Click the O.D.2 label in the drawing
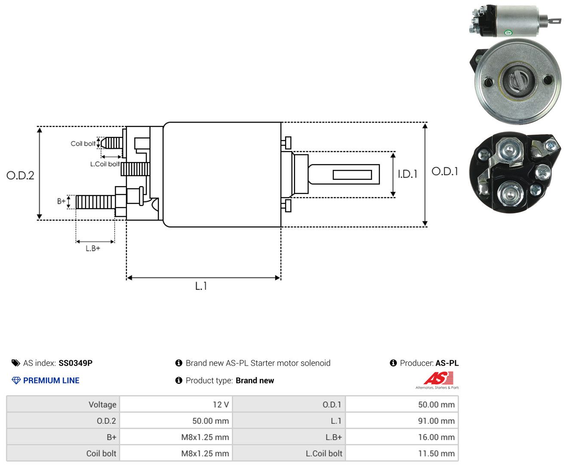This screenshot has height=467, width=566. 20,175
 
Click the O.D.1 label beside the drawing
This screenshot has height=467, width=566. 445,171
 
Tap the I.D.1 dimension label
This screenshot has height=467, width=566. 407,174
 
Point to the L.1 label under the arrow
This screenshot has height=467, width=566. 201,286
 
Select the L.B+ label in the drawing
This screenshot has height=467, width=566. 93,248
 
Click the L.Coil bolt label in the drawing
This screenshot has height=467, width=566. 105,164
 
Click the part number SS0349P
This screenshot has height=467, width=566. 75,363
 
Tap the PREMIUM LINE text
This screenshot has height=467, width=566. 51,380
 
